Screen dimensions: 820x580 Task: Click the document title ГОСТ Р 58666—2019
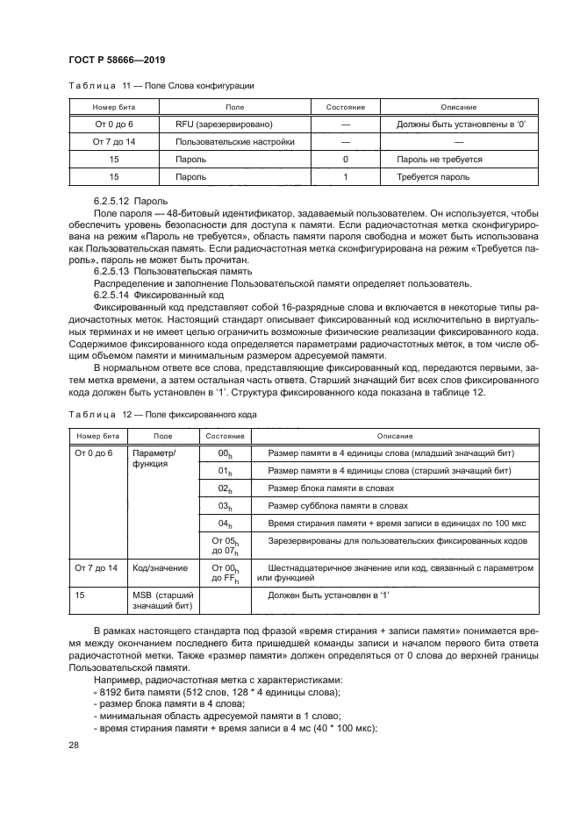point(117,60)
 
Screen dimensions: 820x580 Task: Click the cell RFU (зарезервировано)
point(224,125)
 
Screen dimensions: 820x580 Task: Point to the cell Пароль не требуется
point(440,160)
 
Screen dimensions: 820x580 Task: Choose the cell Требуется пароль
point(433,177)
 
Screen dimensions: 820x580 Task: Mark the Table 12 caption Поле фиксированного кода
point(161,412)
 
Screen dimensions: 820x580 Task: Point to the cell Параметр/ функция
point(154,459)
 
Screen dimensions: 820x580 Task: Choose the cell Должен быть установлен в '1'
point(326,595)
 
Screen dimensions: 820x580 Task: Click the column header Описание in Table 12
point(395,436)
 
